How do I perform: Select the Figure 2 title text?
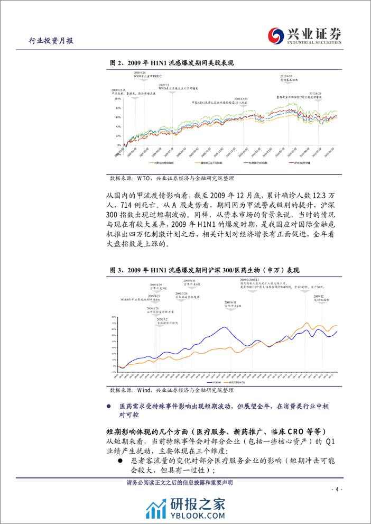172,63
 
